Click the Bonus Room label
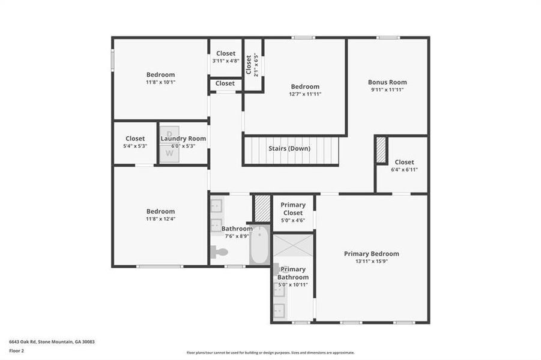(387, 82)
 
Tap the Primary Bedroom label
(371, 254)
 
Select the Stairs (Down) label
(289, 148)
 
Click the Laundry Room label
(183, 139)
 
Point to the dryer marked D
(169, 133)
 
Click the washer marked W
(169, 154)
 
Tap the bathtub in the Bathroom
(259, 245)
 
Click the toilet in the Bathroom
(218, 252)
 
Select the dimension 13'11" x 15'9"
(371, 262)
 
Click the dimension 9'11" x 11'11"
(387, 90)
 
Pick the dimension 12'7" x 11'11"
(305, 94)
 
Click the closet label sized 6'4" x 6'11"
(404, 162)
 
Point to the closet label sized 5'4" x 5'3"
(135, 139)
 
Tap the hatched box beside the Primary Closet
(262, 208)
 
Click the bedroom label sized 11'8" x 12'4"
(161, 211)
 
